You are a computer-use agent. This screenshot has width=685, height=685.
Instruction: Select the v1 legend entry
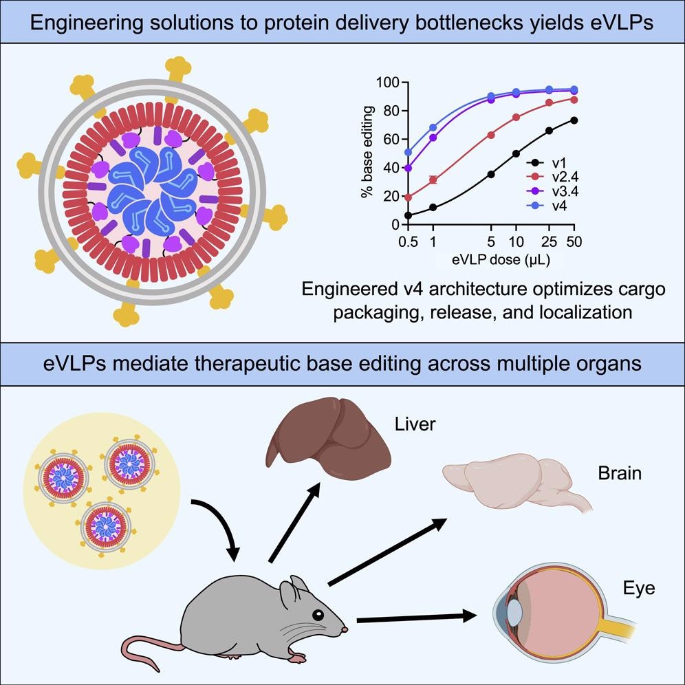[550, 163]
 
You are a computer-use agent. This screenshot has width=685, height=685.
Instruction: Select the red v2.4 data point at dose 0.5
[408, 197]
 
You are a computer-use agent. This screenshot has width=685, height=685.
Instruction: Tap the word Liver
[415, 424]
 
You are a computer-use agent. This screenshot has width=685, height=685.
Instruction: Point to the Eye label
[639, 589]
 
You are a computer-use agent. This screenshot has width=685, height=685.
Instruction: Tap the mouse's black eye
[317, 614]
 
